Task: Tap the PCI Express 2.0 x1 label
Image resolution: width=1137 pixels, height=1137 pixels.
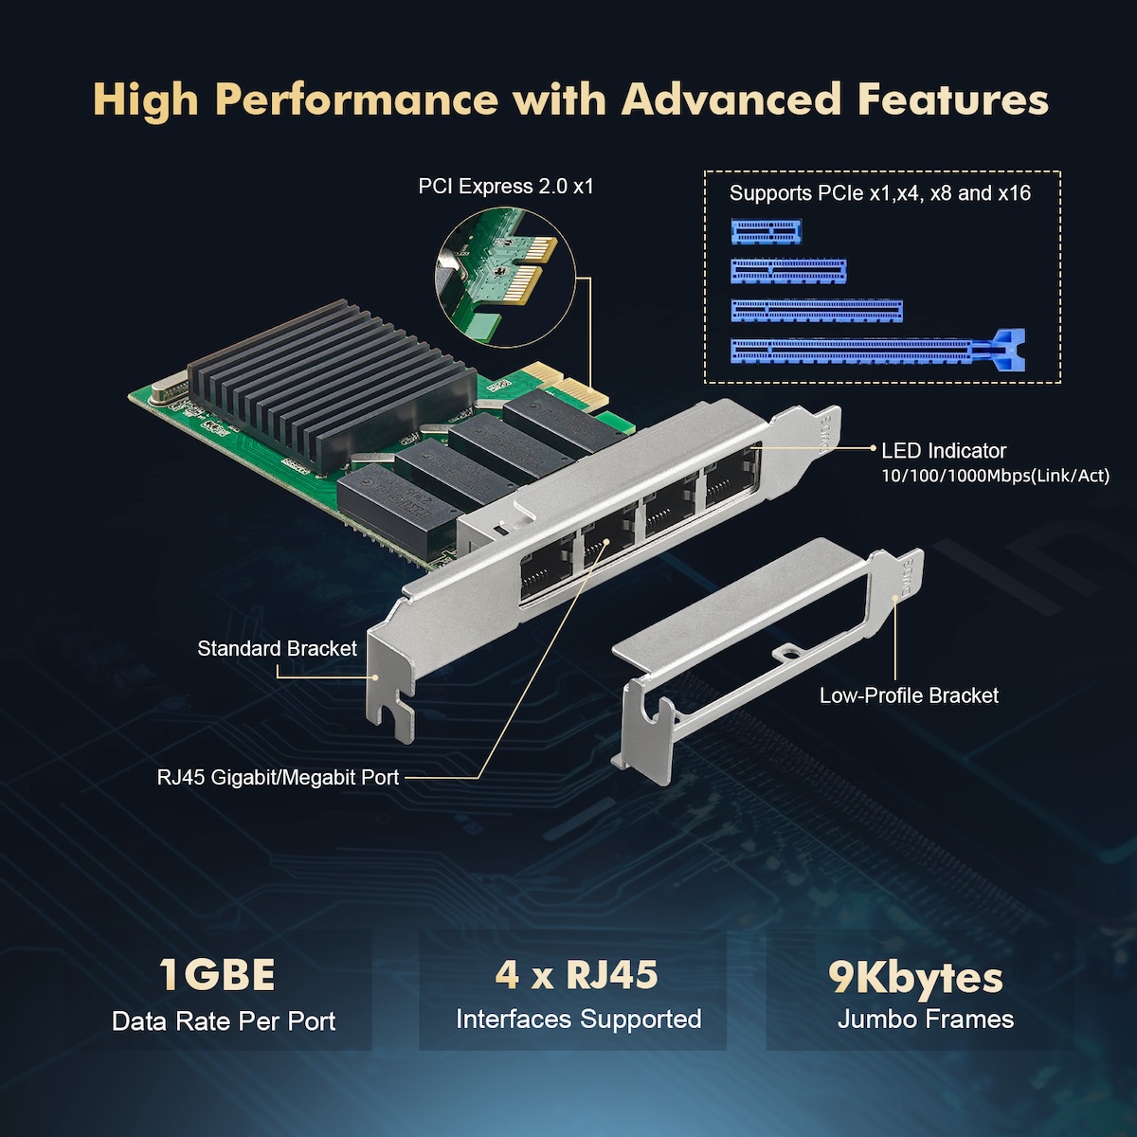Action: coord(506,187)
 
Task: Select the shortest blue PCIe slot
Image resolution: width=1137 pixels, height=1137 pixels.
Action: coord(767,232)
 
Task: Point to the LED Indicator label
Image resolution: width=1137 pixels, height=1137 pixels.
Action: coord(944,451)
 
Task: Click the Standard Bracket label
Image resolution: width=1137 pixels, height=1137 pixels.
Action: coord(277,648)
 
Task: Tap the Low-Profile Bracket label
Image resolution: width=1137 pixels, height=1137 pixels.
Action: coord(909,695)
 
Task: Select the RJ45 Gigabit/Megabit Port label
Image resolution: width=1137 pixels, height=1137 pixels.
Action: coord(278,777)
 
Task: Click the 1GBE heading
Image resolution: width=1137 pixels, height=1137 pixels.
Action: coord(217,975)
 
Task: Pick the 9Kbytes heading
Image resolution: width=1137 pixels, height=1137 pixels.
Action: coord(915,978)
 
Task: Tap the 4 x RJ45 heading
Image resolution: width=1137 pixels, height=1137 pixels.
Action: coord(576,974)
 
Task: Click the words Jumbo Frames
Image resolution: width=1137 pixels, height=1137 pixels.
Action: coord(925,1019)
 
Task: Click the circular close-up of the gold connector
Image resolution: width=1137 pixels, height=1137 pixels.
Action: coord(506,278)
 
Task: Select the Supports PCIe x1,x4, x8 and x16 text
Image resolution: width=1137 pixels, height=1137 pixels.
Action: coord(879,193)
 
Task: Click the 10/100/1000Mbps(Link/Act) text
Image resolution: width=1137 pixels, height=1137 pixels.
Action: coord(996,476)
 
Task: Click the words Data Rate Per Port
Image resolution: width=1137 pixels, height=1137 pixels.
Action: coord(224,1021)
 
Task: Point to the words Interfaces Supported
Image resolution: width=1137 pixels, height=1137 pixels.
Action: coord(578,1019)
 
